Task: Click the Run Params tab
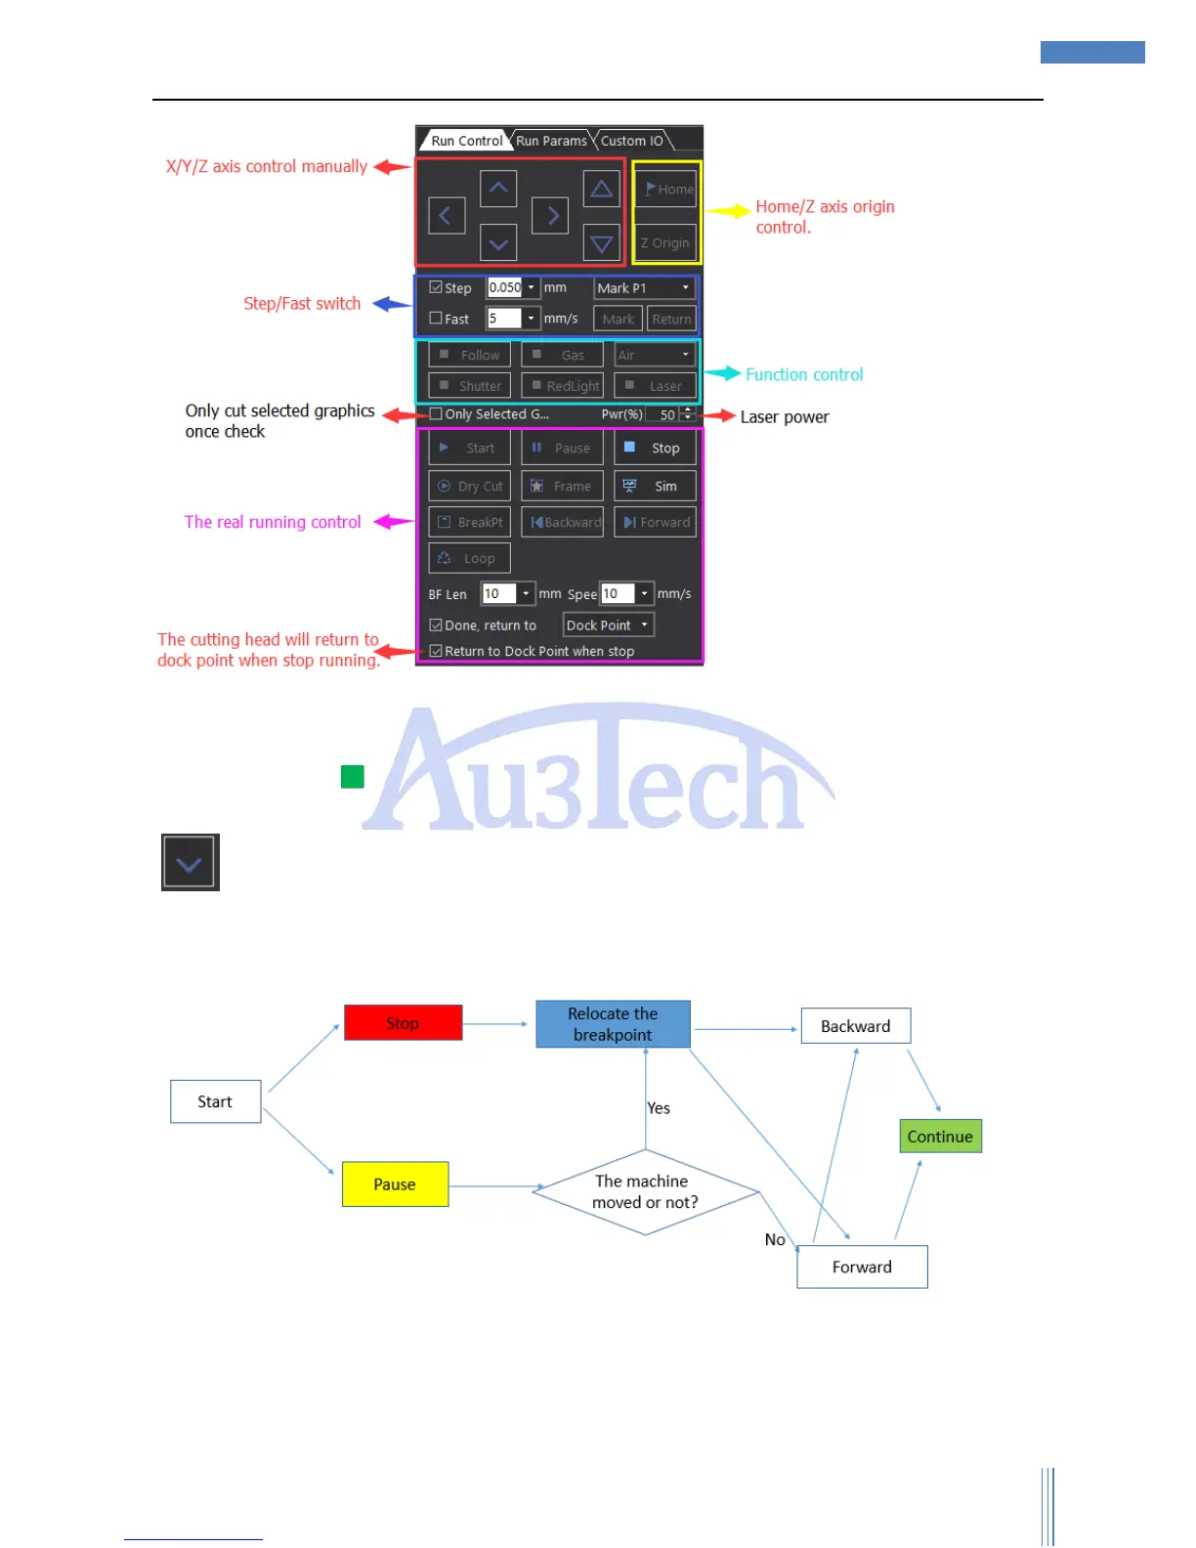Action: [x=551, y=141]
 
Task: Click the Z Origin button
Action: [x=665, y=243]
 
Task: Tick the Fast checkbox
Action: [x=436, y=319]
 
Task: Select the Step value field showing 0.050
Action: [x=505, y=287]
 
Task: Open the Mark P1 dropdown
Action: [x=644, y=288]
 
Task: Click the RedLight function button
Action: [x=563, y=386]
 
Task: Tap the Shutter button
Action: [x=469, y=386]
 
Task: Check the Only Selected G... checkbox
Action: [x=436, y=414]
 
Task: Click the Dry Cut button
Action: [x=469, y=486]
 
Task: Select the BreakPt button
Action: [x=469, y=522]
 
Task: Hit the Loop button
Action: [x=469, y=558]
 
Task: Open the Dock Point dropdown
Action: [x=608, y=625]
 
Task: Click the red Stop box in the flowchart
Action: [x=403, y=1023]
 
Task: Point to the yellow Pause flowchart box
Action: [x=395, y=1184]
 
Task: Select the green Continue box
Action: [x=940, y=1137]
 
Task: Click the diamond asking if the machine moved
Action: [x=645, y=1191]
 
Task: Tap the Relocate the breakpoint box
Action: [x=613, y=1024]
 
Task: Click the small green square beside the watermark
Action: [x=353, y=777]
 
